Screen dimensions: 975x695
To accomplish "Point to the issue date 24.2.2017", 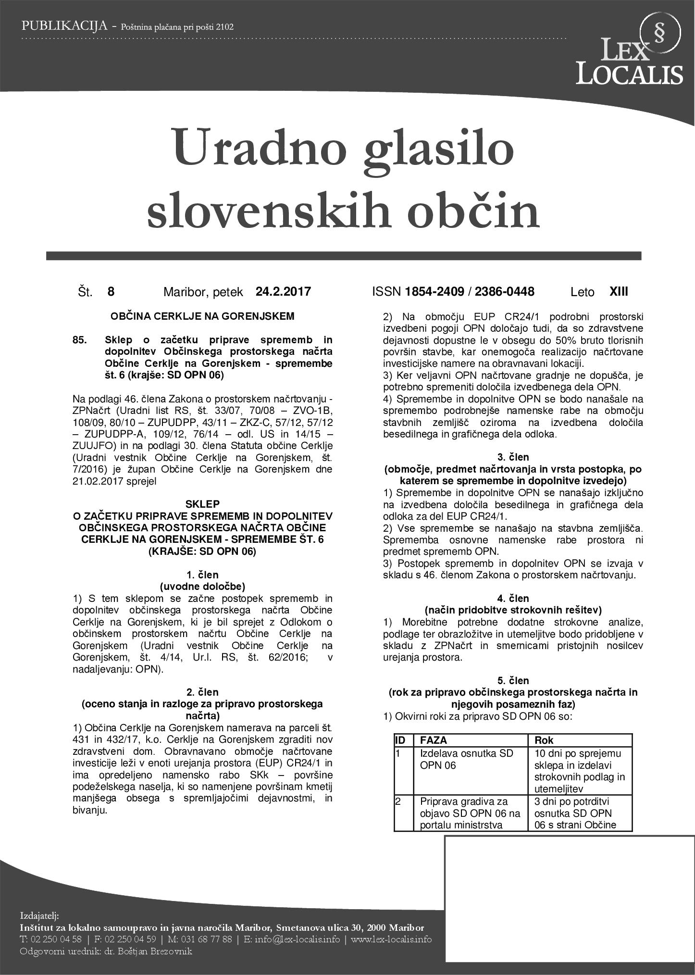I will pyautogui.click(x=283, y=291).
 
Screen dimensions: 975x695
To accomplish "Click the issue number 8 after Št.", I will pyautogui.click(x=111, y=291).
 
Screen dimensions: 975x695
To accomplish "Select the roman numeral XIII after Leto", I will pyautogui.click(x=618, y=291).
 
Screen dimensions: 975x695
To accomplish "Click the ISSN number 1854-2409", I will pyautogui.click(x=434, y=291).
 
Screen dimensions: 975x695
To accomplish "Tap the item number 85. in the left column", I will pyautogui.click(x=80, y=340).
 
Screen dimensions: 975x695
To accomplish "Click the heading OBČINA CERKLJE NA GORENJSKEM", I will pyautogui.click(x=202, y=316).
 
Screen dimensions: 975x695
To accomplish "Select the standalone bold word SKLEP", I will pyautogui.click(x=202, y=504).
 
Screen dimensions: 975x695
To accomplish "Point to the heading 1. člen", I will pyautogui.click(x=202, y=575).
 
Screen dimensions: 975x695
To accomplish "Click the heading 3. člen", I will pyautogui.click(x=513, y=457).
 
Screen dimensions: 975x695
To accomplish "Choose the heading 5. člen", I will pyautogui.click(x=513, y=680).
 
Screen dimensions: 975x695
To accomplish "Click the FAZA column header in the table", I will pyautogui.click(x=434, y=740).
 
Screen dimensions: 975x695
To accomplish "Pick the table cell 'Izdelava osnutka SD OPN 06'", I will pyautogui.click(x=466, y=759).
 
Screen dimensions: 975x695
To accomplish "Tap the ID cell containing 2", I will pyautogui.click(x=398, y=801).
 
